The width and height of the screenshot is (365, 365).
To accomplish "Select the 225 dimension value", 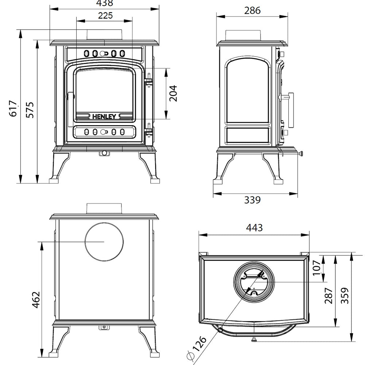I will [105, 15].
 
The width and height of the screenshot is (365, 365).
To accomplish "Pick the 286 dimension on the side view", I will [253, 11].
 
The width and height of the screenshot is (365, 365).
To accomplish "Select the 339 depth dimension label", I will [252, 200].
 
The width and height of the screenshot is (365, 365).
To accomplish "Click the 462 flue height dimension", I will [36, 299].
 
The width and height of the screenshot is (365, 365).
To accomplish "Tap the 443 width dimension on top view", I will [254, 228].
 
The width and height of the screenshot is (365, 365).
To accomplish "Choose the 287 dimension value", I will [328, 296].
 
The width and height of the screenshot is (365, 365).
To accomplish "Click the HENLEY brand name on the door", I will [104, 117].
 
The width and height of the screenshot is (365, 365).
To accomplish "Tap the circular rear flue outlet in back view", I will [104, 242].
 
